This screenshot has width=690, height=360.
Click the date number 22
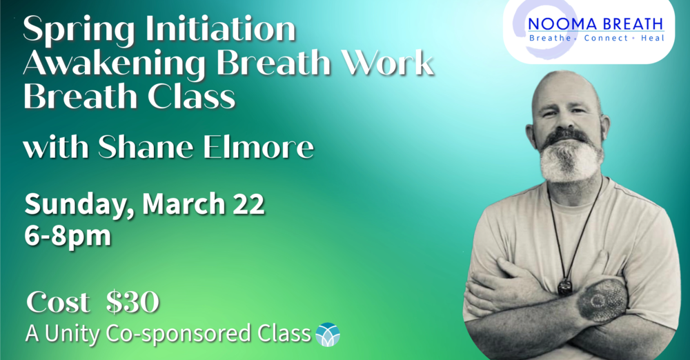247,205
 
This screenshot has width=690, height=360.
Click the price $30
133,302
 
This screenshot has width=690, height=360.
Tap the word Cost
58,302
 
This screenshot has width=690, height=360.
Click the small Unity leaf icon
328,335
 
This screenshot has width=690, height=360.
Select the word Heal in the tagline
651,38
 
